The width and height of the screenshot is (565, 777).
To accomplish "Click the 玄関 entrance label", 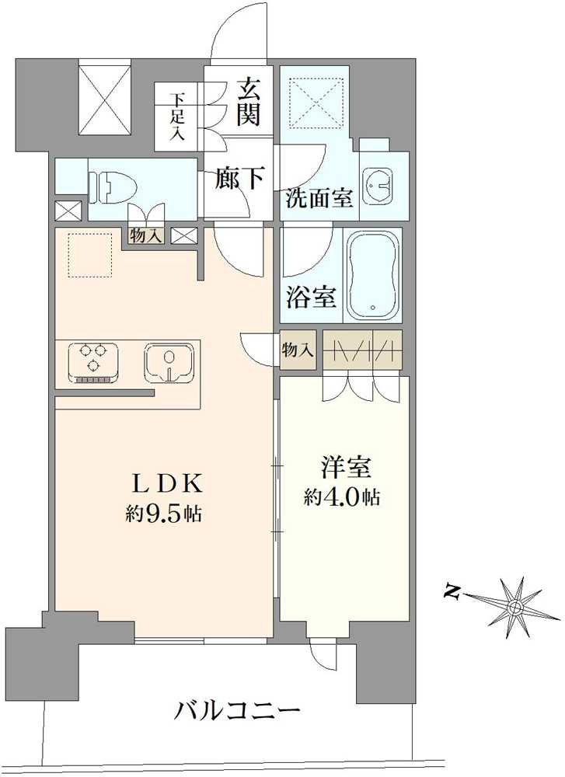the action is pyautogui.click(x=249, y=103).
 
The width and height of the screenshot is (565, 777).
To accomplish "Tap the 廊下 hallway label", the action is pyautogui.click(x=239, y=178).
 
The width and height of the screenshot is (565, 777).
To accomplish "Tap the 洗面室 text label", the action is pyautogui.click(x=319, y=198).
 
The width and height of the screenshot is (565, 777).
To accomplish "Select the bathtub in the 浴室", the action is pyautogui.click(x=373, y=276).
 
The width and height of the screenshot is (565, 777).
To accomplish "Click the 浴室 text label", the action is pyautogui.click(x=311, y=298).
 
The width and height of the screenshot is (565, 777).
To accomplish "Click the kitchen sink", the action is pyautogui.click(x=169, y=363).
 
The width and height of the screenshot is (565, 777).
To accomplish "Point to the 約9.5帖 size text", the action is pyautogui.click(x=163, y=514).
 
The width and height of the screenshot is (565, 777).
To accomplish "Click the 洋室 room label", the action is pyautogui.click(x=345, y=468).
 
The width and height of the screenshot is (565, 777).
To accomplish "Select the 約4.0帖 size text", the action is pyautogui.click(x=342, y=497).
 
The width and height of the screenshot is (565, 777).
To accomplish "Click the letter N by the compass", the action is pyautogui.click(x=451, y=592).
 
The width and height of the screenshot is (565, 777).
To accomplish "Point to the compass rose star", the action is pyautogui.click(x=514, y=607).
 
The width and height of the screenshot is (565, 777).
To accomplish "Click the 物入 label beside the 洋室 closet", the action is pyautogui.click(x=298, y=350).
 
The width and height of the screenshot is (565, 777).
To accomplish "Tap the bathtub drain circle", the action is pyautogui.click(x=373, y=307).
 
